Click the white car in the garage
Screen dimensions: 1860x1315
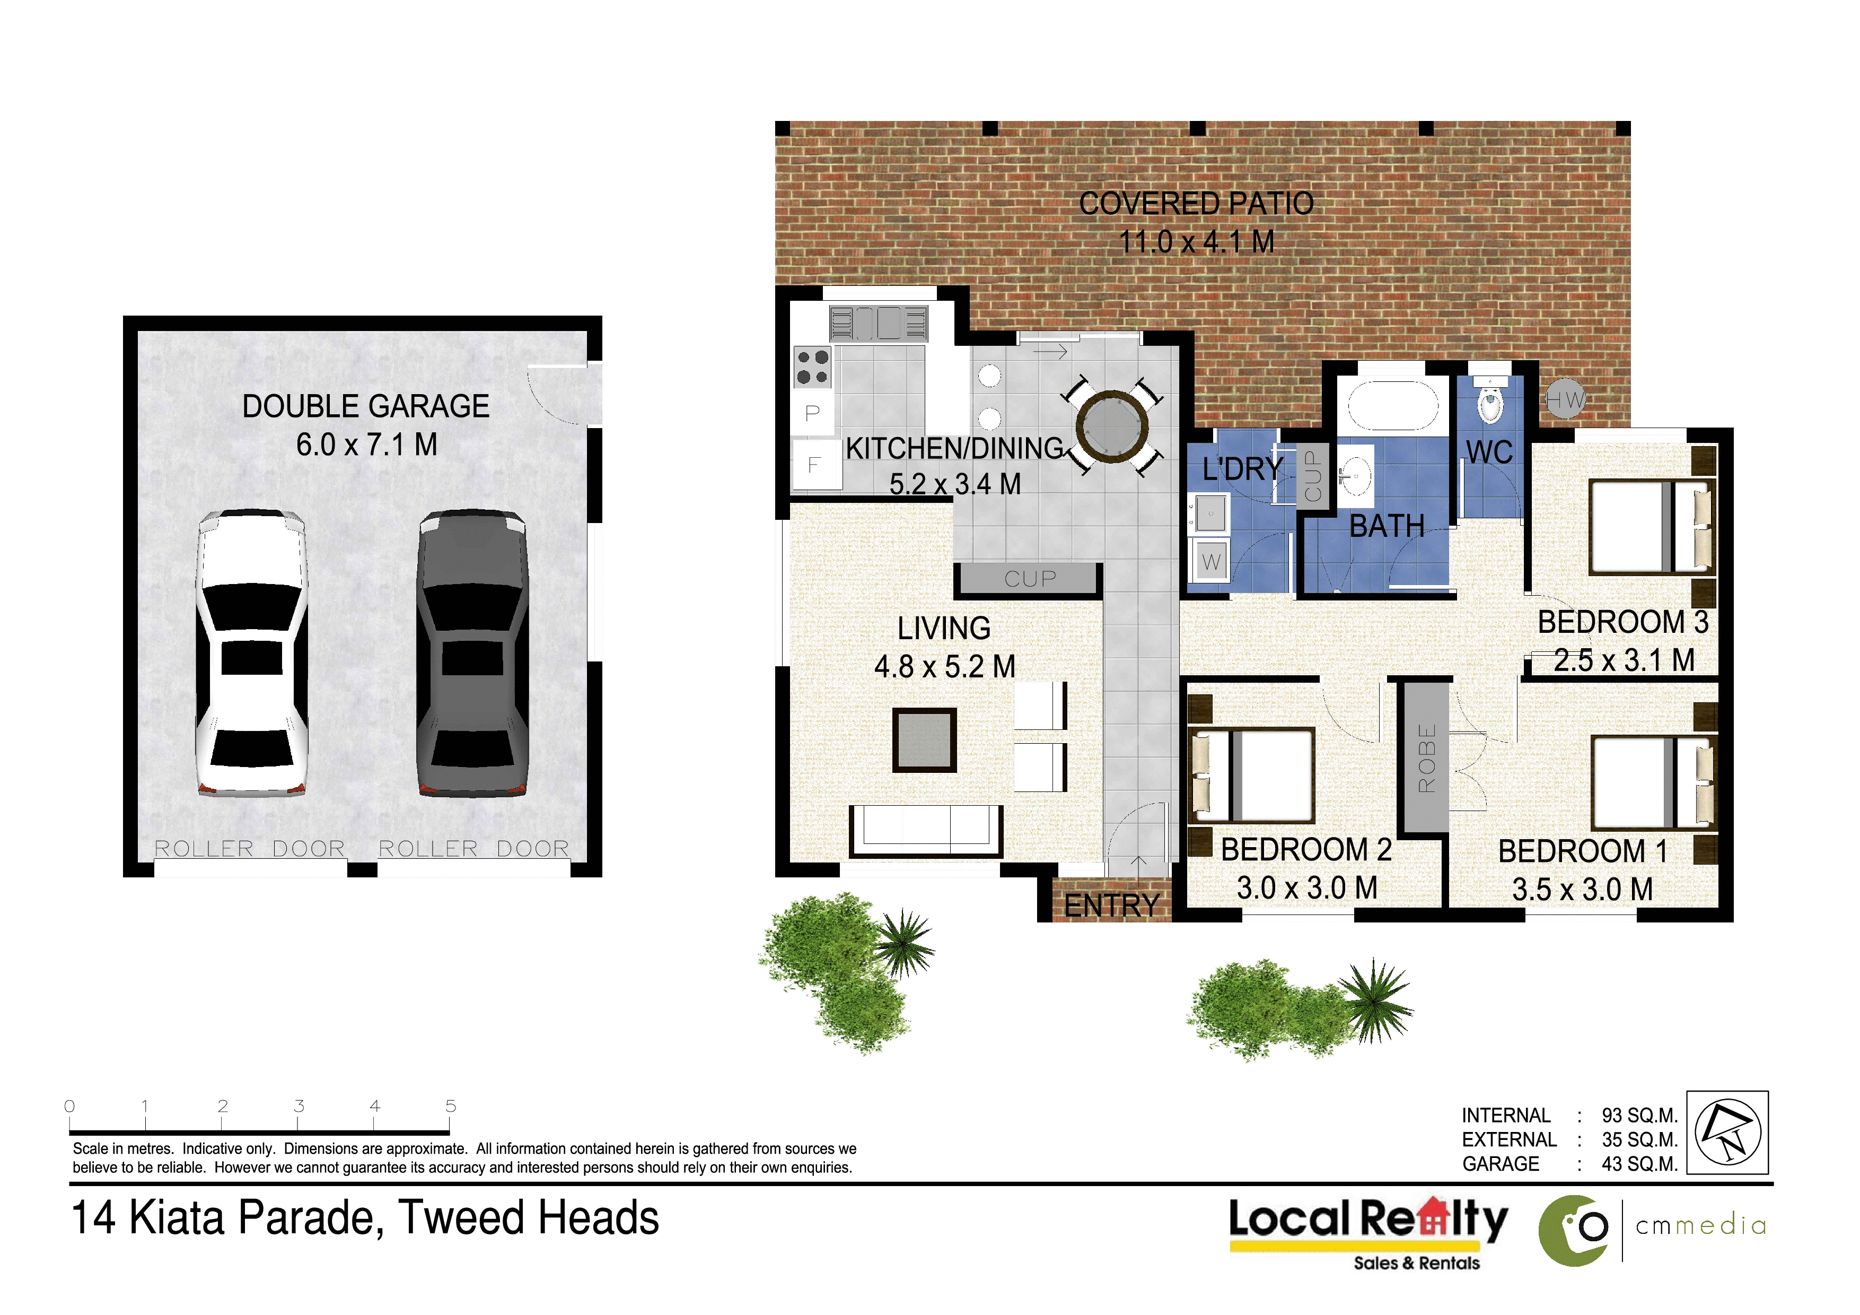click(252, 652)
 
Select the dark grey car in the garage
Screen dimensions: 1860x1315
click(472, 652)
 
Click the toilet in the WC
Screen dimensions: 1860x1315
click(1490, 399)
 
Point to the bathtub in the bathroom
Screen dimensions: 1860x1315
click(1392, 405)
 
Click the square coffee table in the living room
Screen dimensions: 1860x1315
click(924, 740)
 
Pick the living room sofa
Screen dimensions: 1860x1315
click(926, 831)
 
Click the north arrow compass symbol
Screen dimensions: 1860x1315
click(1728, 1132)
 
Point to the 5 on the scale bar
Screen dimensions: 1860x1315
click(450, 1106)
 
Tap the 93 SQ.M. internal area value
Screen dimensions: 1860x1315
click(1639, 1115)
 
